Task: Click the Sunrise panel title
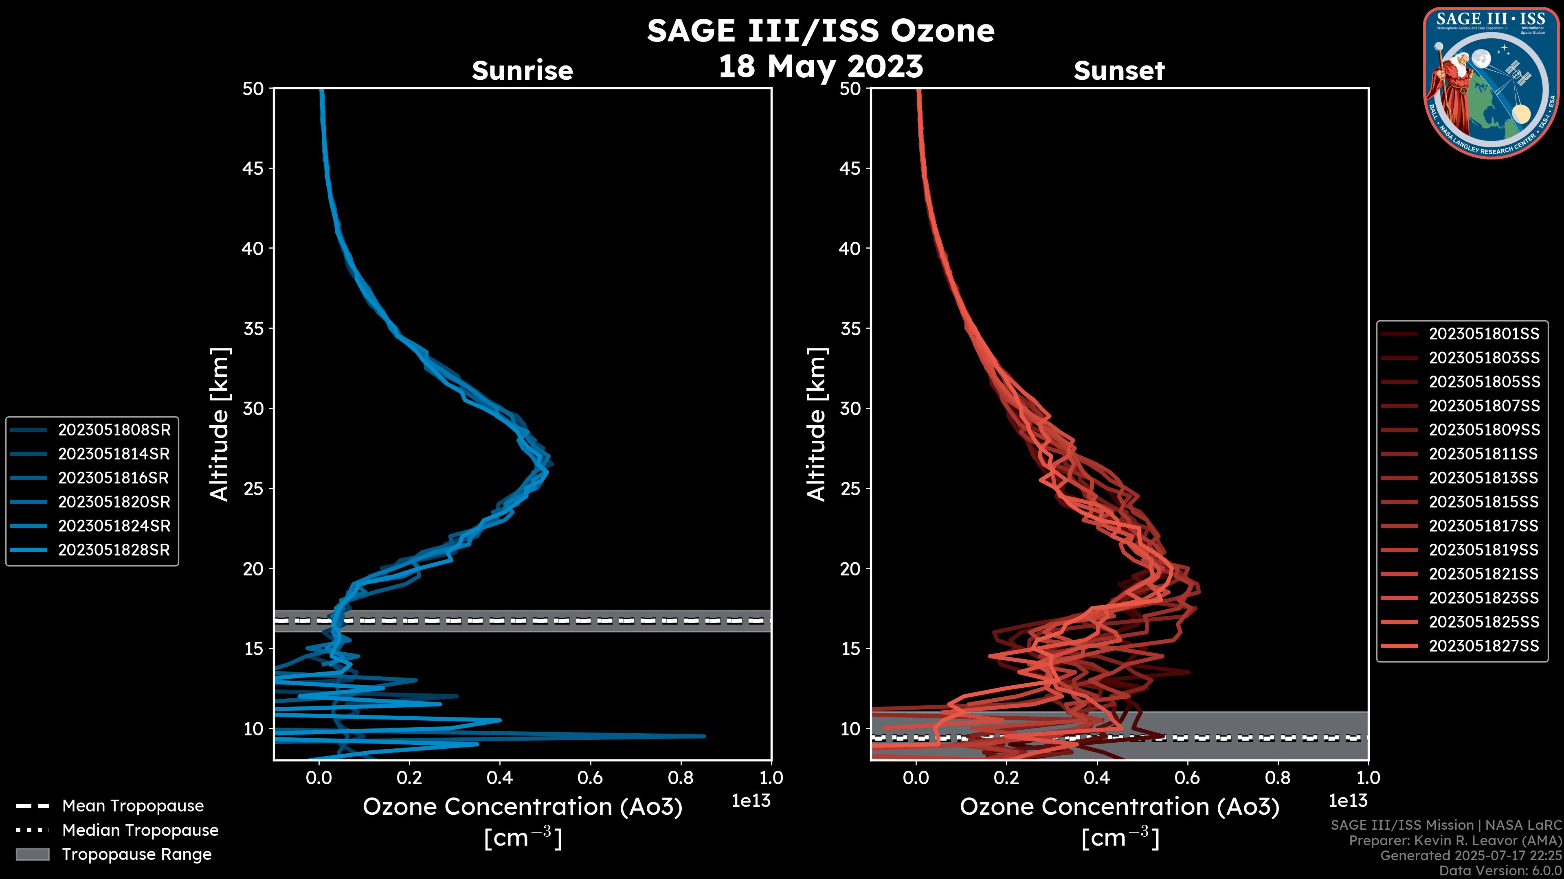522,71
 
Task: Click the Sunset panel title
1119,71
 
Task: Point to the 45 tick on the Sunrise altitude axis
253,168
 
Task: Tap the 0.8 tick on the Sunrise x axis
681,778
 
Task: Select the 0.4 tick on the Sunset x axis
1096,778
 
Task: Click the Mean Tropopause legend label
133,806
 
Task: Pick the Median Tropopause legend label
140,831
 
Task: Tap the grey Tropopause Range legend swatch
32,855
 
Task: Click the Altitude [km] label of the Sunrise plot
220,424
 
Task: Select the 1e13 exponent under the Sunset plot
1348,801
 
